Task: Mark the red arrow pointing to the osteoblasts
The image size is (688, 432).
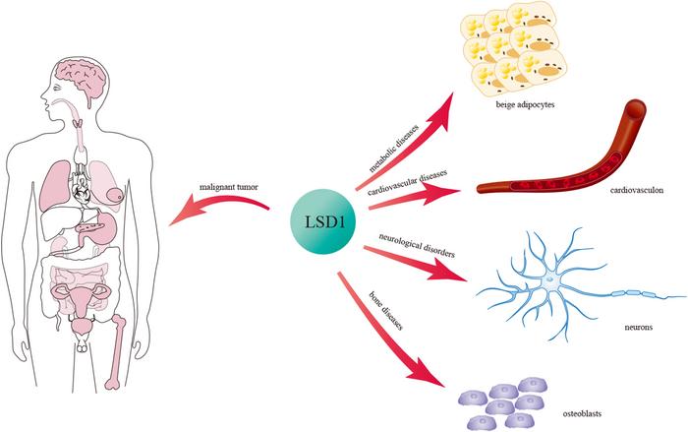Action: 393,335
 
